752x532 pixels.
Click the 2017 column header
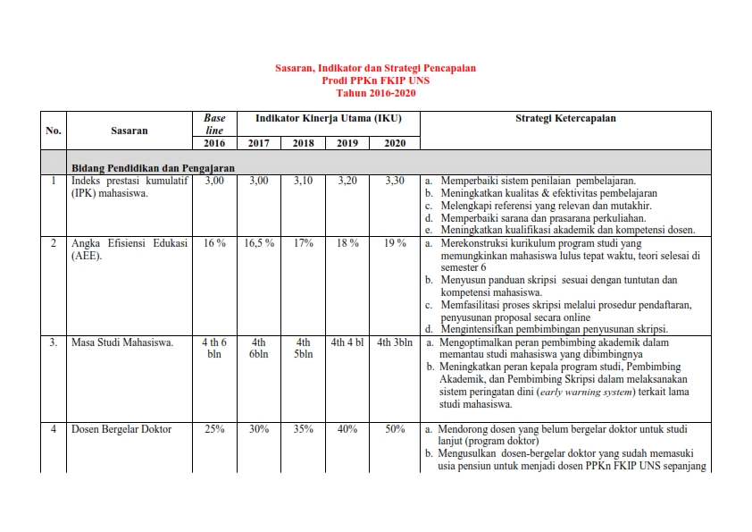[x=259, y=143]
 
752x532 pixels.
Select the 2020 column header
[x=395, y=143]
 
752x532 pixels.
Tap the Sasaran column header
[x=130, y=131]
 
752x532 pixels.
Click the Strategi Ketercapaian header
[x=565, y=118]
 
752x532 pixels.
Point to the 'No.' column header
[x=54, y=131]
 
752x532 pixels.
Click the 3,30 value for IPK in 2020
[x=395, y=181]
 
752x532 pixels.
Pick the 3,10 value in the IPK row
[x=304, y=181]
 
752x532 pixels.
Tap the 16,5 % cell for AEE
[x=259, y=243]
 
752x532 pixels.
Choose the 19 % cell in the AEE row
[x=395, y=243]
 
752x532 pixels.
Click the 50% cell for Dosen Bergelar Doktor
[x=395, y=429]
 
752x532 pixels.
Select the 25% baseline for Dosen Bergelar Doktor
[x=214, y=429]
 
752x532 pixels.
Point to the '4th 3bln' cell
[x=395, y=342]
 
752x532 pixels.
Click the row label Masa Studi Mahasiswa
[x=122, y=342]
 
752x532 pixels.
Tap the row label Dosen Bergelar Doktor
[x=121, y=429]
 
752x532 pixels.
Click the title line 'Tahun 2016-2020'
[x=375, y=93]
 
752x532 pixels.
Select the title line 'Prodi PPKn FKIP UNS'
[x=375, y=80]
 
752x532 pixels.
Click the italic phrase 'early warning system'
[x=588, y=393]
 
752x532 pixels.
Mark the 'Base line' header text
[x=214, y=124]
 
